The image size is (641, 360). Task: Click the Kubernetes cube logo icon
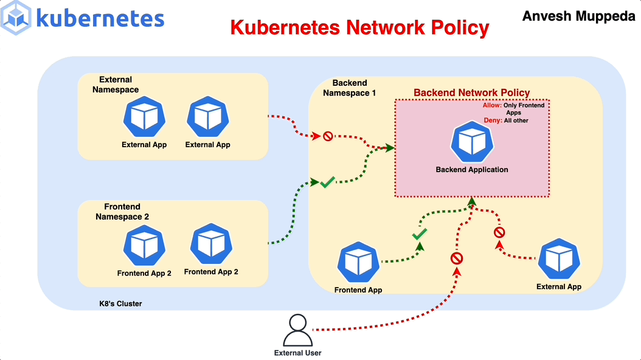[16, 17]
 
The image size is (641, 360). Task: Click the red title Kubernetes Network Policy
[359, 27]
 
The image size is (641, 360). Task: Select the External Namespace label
[116, 85]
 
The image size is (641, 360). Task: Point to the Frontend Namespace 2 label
[122, 212]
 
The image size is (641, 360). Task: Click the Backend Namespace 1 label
[350, 88]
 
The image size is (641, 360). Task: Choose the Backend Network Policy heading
[471, 92]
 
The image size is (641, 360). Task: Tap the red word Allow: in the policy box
[491, 105]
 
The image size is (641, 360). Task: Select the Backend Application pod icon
[471, 142]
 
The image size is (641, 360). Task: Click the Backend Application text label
[471, 170]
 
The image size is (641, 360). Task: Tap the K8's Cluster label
[120, 303]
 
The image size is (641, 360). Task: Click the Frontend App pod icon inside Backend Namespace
[358, 263]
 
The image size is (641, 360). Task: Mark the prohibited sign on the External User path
[457, 258]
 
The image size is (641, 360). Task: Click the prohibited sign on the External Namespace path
[328, 136]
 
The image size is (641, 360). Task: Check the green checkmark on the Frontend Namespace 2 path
[327, 182]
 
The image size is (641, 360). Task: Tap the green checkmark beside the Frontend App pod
[419, 234]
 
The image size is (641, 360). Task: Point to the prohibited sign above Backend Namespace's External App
[499, 232]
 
